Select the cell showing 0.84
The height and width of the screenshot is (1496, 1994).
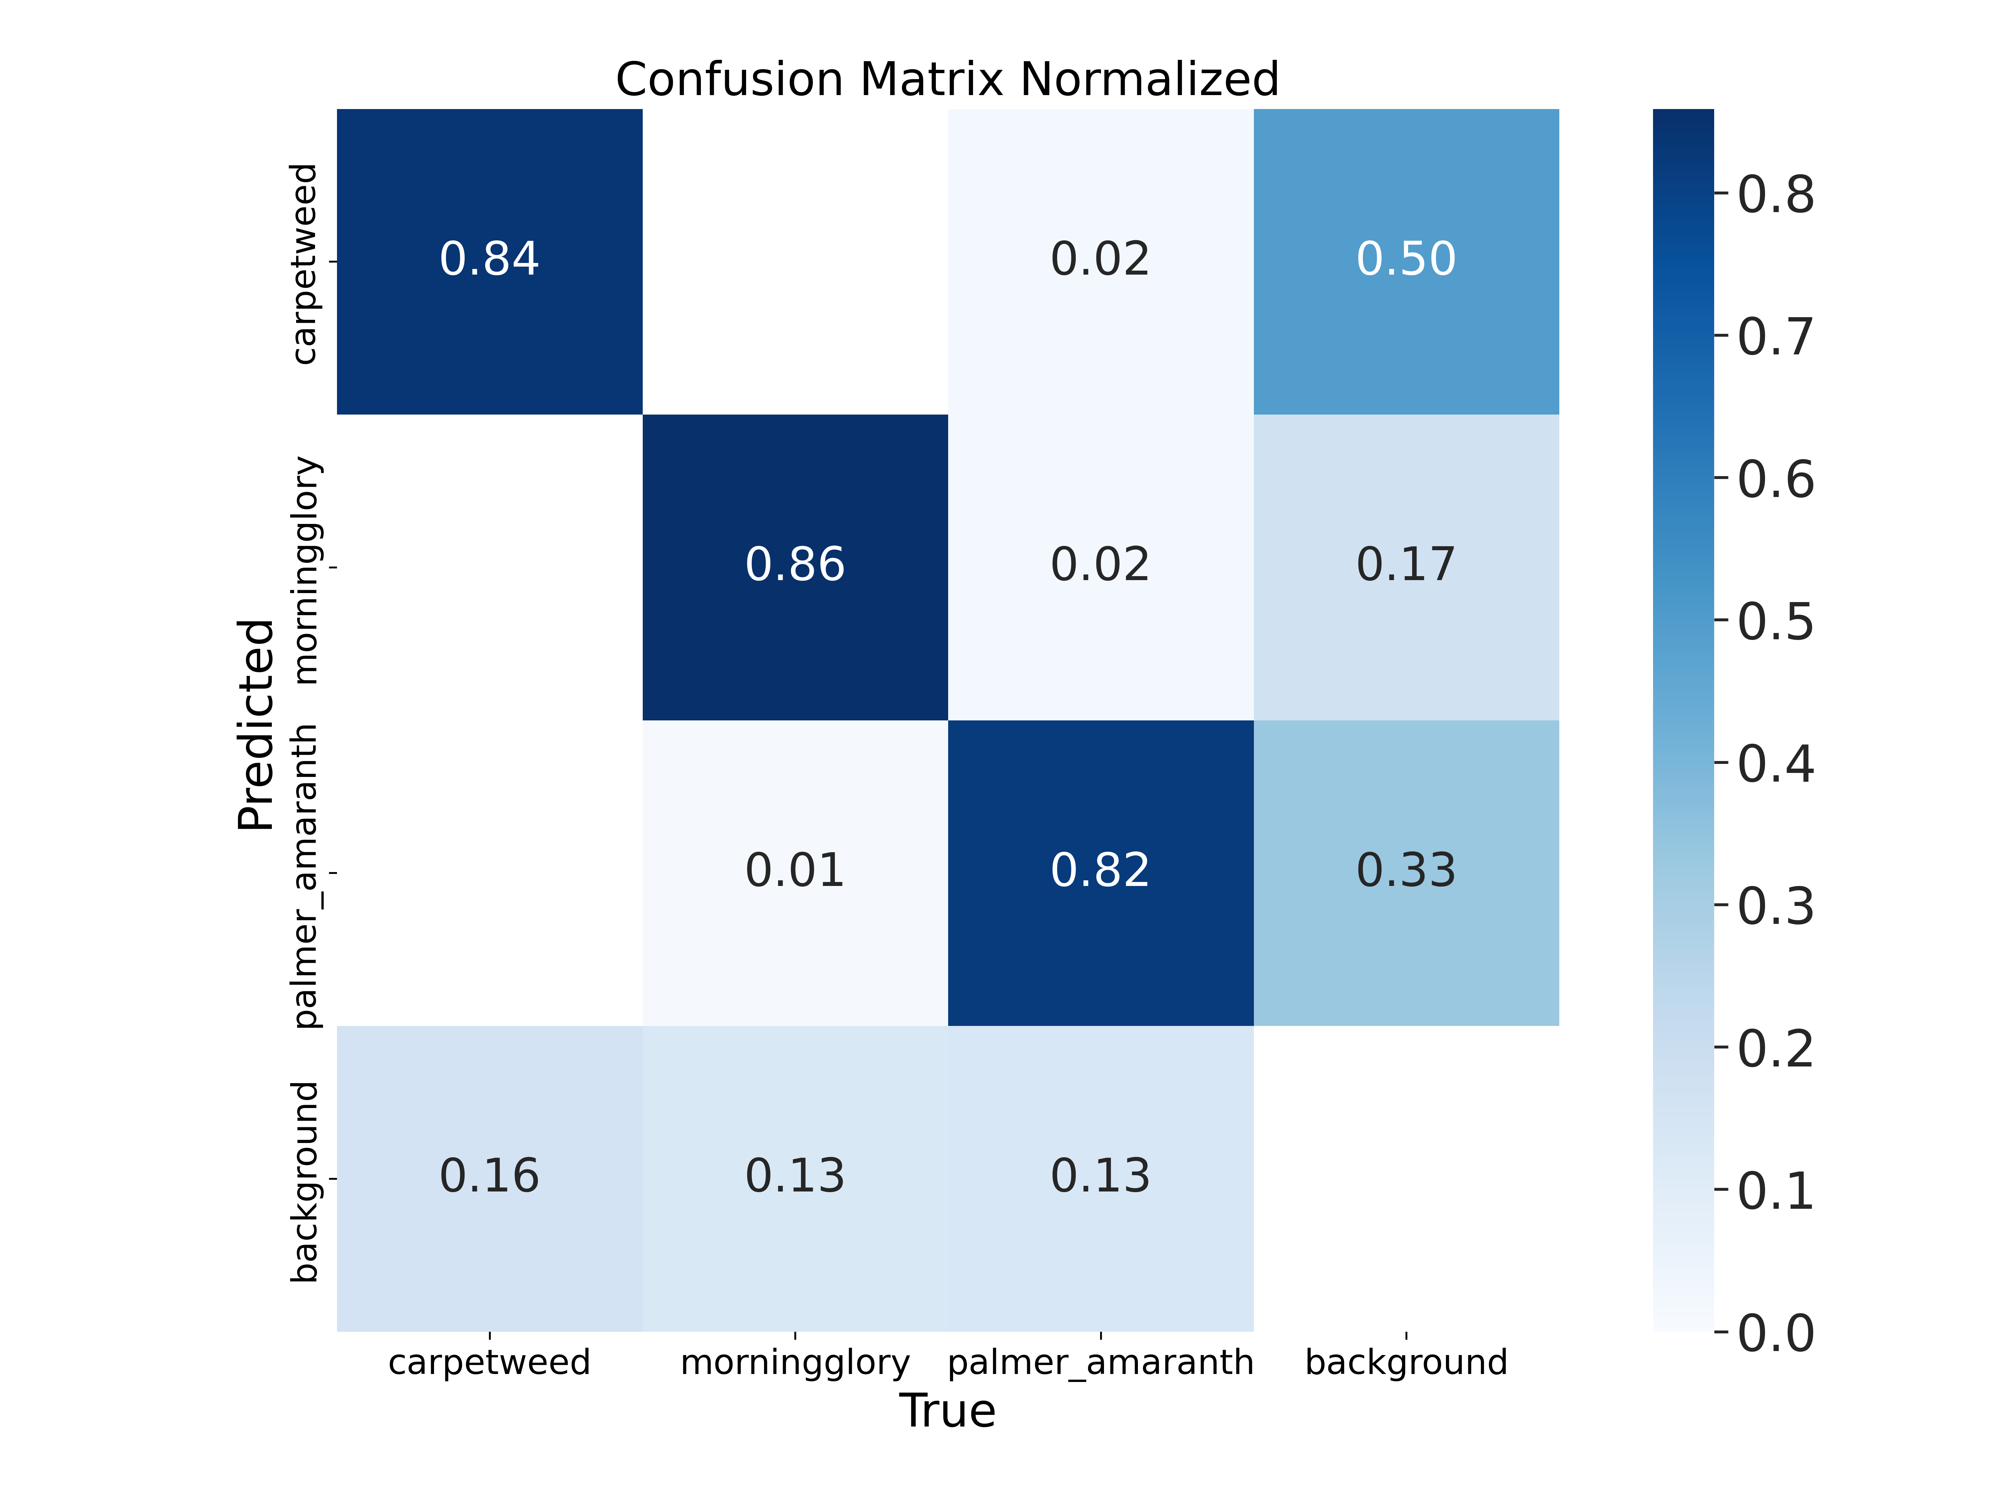pos(490,261)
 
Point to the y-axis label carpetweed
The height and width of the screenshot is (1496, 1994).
pos(305,263)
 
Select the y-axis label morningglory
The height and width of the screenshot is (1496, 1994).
pos(305,570)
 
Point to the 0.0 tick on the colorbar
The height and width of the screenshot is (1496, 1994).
pos(1774,1333)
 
